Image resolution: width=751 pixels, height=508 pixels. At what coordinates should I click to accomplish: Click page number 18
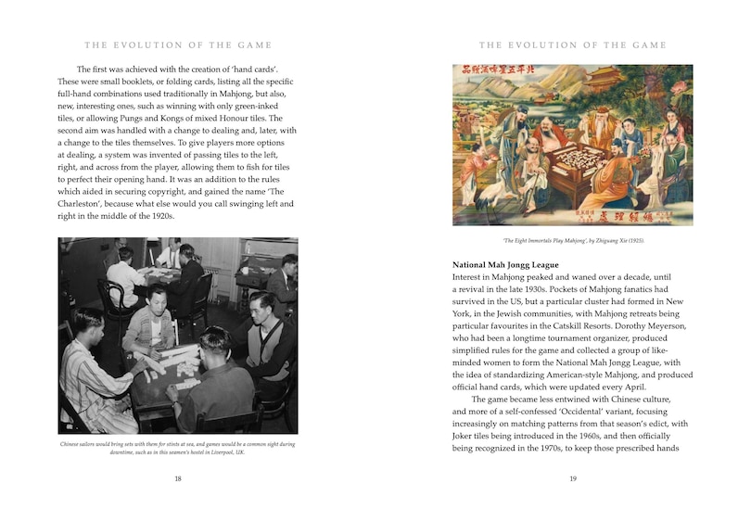[177, 478]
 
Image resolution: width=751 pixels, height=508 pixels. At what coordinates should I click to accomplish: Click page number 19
[573, 478]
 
